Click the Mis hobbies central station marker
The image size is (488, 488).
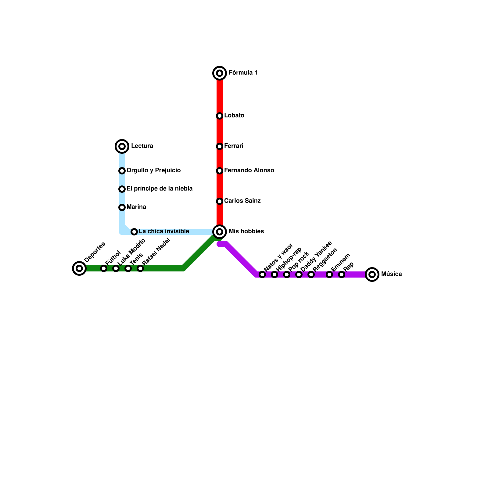pos(220,232)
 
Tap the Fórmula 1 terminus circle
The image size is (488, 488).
pos(220,73)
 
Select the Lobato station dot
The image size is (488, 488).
pos(220,116)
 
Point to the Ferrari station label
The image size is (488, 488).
pos(234,146)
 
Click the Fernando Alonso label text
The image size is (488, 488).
pos(249,170)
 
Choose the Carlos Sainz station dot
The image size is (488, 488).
pos(220,201)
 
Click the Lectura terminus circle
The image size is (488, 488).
pos(122,146)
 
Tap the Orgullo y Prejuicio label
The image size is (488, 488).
pos(153,170)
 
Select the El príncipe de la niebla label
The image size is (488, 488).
pos(160,189)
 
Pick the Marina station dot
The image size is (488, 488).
pos(122,207)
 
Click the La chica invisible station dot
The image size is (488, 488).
pos(134,232)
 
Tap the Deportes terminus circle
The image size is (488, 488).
pos(79,268)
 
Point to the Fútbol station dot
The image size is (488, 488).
pos(104,268)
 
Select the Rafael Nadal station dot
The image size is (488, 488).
pos(140,268)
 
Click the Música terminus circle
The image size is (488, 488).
pos(372,274)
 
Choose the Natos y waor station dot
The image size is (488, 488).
pos(262,274)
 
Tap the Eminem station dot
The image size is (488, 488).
pos(329,274)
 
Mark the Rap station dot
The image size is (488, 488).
pos(342,274)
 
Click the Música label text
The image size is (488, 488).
pos(391,274)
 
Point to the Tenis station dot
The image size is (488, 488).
pos(128,268)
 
